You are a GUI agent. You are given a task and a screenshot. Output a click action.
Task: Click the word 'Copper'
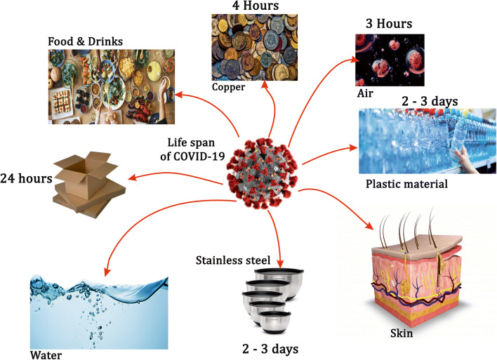[x=228, y=87]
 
